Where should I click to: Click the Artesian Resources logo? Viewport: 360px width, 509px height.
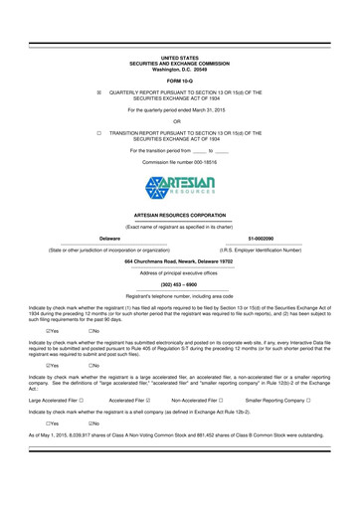click(179, 184)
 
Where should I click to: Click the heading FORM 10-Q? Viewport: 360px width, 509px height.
click(179, 80)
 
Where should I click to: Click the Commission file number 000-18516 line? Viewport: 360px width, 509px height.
click(179, 160)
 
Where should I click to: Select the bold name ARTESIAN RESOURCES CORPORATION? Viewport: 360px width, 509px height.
click(179, 215)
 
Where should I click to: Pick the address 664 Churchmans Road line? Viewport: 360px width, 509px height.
click(179, 259)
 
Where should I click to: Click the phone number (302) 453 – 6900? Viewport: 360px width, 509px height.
click(179, 286)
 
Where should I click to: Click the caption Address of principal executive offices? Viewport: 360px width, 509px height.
click(179, 272)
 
